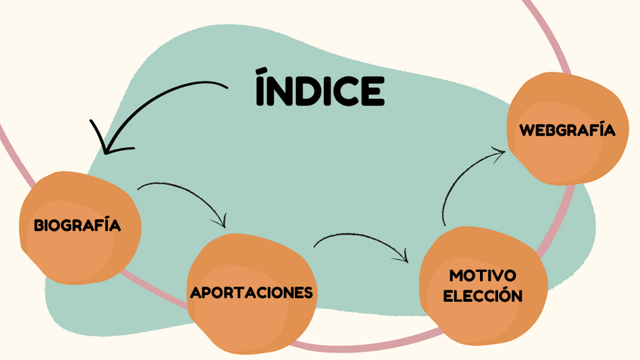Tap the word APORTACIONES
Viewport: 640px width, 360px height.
pyautogui.click(x=251, y=292)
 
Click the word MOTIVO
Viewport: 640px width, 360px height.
pyautogui.click(x=482, y=275)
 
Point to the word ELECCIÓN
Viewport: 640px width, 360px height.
pyautogui.click(x=482, y=296)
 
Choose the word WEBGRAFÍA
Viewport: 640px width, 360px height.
pyautogui.click(x=567, y=130)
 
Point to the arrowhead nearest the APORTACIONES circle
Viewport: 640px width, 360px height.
pyautogui.click(x=222, y=223)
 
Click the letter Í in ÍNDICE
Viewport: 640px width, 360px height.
pyautogui.click(x=261, y=88)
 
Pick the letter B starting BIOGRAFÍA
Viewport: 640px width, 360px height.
pyautogui.click(x=38, y=225)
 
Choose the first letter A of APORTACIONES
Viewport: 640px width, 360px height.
pyautogui.click(x=195, y=293)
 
